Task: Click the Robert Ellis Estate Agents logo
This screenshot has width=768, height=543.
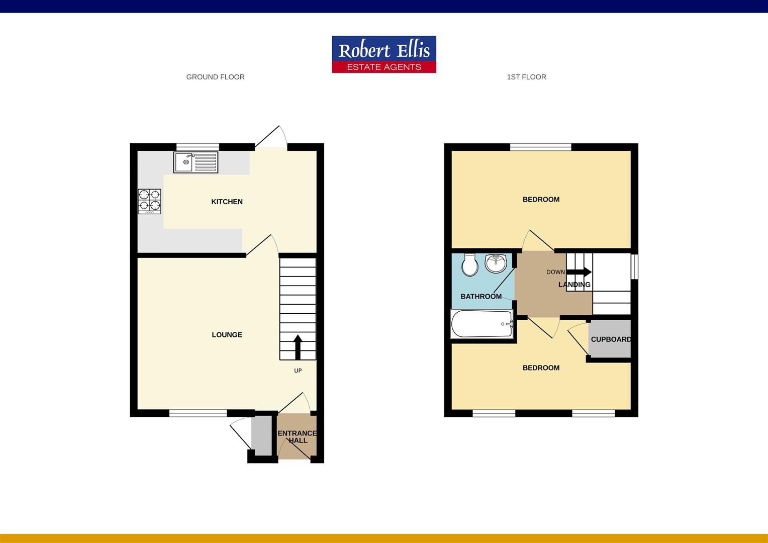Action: pyautogui.click(x=384, y=54)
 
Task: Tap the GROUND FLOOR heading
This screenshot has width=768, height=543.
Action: pyautogui.click(x=215, y=77)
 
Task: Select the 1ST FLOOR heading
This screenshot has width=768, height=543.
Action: pyautogui.click(x=526, y=77)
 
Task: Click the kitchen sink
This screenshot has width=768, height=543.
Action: pyautogui.click(x=196, y=162)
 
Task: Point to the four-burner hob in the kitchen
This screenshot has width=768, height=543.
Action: pyautogui.click(x=149, y=202)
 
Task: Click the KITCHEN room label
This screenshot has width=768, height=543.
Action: pyautogui.click(x=227, y=202)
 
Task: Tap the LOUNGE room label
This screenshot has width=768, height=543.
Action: pyautogui.click(x=227, y=335)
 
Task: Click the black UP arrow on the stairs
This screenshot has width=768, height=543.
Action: pyautogui.click(x=298, y=347)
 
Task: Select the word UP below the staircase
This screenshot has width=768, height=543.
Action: pyautogui.click(x=298, y=371)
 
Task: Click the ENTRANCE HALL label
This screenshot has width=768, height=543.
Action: pyautogui.click(x=297, y=437)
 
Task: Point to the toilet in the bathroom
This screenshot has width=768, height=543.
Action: pyautogui.click(x=470, y=265)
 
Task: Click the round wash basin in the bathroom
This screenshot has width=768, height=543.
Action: pyautogui.click(x=496, y=263)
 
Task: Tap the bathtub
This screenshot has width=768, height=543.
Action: pyautogui.click(x=482, y=324)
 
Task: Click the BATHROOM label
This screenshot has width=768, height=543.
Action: pyautogui.click(x=481, y=296)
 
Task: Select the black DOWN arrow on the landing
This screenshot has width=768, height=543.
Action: pyautogui.click(x=579, y=272)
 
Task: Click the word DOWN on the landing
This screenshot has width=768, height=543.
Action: pyautogui.click(x=555, y=272)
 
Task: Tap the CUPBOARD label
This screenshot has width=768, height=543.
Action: pyautogui.click(x=611, y=339)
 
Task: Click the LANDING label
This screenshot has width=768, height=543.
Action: pyautogui.click(x=574, y=285)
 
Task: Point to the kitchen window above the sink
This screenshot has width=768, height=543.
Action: pyautogui.click(x=198, y=147)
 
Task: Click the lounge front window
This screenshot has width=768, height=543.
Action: pyautogui.click(x=198, y=413)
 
